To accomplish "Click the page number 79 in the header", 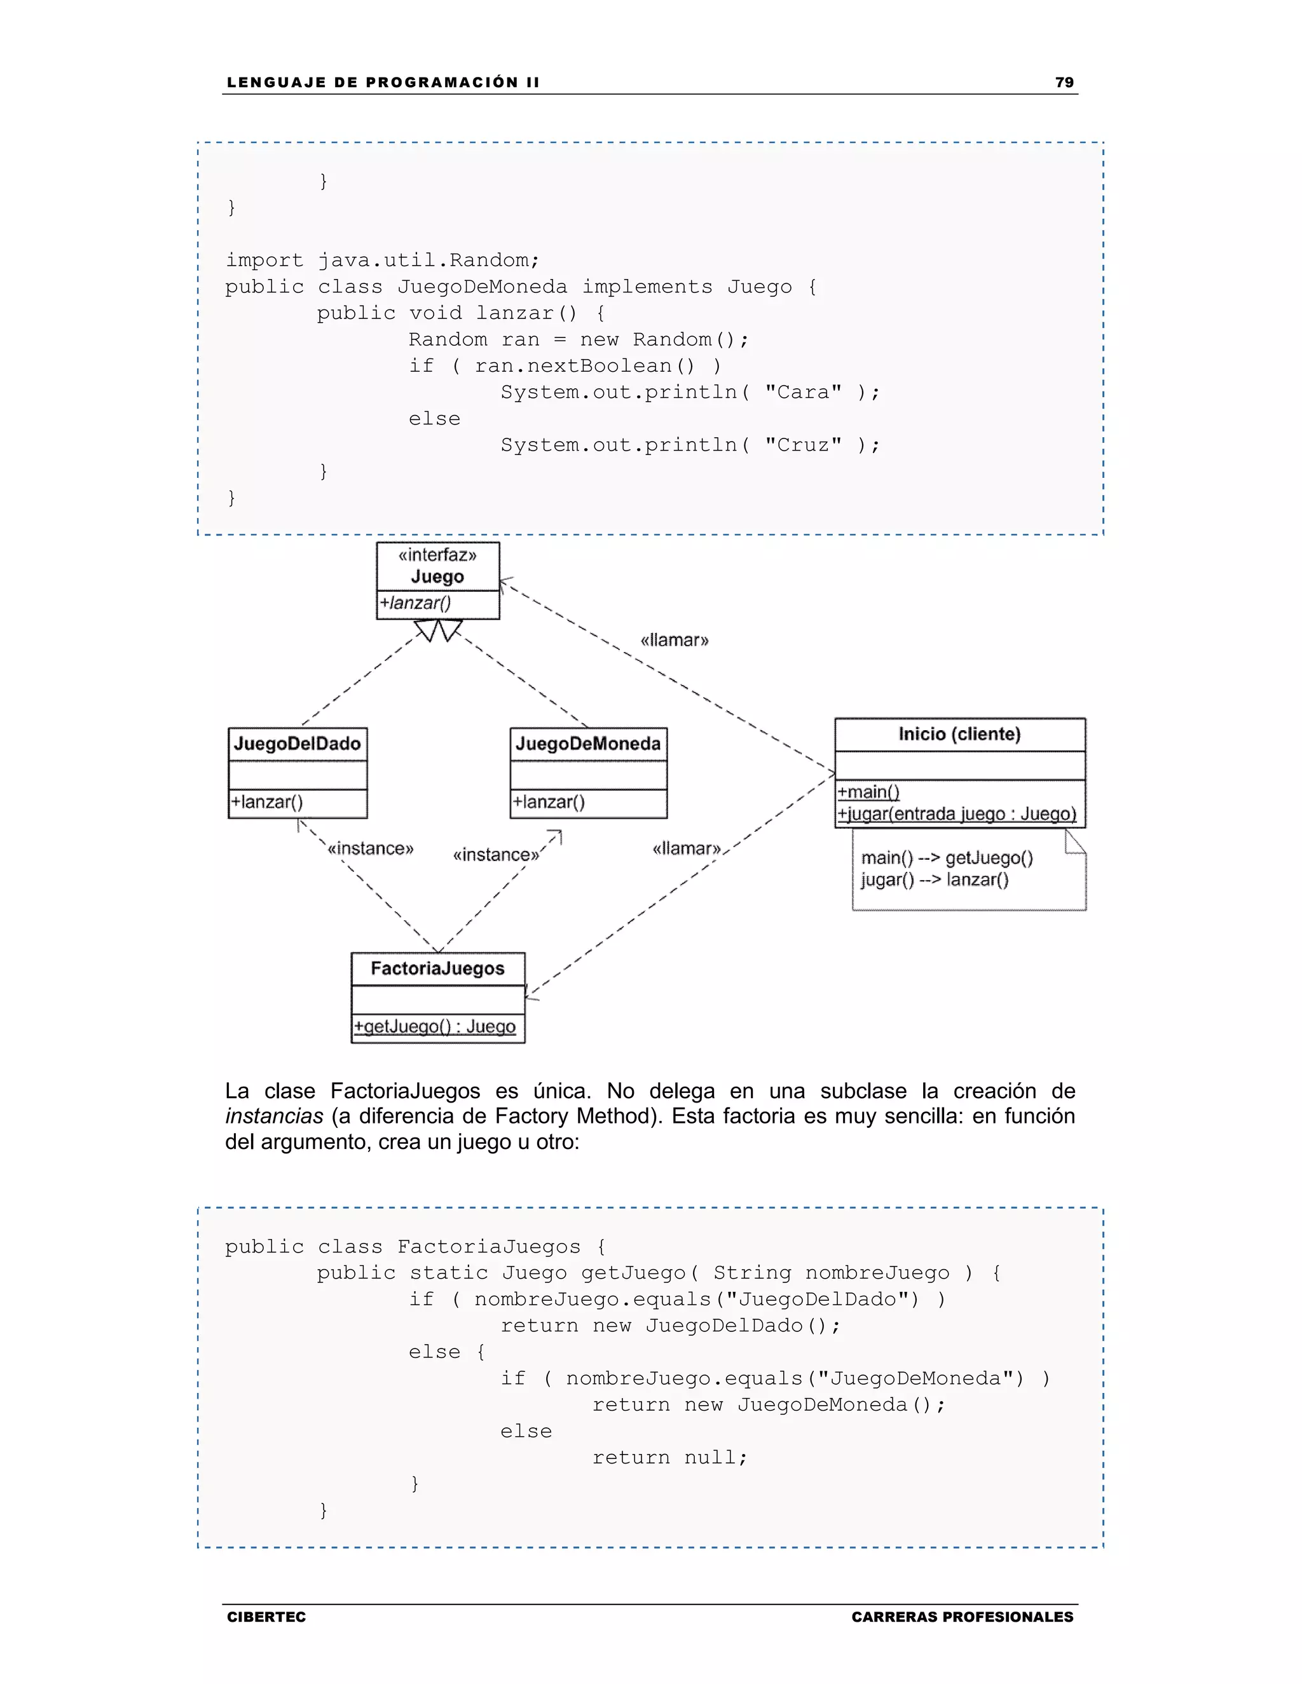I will (x=1064, y=83).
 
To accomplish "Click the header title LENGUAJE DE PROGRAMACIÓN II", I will (x=383, y=83).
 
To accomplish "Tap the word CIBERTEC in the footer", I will (x=266, y=1617).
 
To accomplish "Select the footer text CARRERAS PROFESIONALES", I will (x=962, y=1617).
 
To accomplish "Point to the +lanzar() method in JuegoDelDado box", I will (x=267, y=802).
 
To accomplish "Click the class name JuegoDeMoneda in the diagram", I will (x=588, y=744).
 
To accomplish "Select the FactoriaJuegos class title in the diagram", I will (x=437, y=968).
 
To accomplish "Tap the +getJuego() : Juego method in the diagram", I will (x=435, y=1026).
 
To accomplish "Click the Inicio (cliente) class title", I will (x=959, y=734).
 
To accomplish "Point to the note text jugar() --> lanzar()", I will (x=935, y=879).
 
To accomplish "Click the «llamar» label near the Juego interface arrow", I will (x=674, y=640).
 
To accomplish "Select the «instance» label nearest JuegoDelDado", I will (x=370, y=849).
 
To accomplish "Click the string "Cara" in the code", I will (x=803, y=393).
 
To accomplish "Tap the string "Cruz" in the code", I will (x=803, y=445).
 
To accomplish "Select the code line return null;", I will (x=669, y=1457).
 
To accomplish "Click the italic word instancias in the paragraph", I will (x=274, y=1117).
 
